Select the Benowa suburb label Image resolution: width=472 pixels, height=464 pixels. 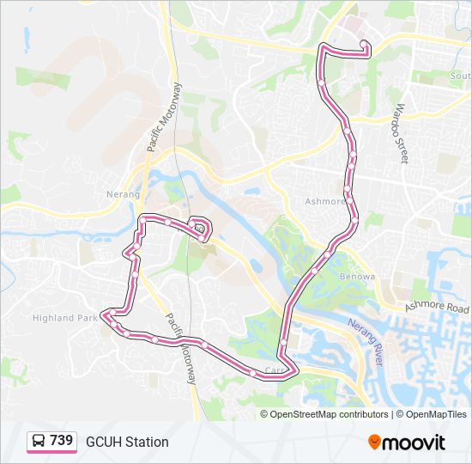358,277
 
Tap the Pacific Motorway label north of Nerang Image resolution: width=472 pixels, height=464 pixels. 166,117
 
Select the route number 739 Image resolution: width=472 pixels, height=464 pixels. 61,441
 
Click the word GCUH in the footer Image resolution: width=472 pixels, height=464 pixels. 103,442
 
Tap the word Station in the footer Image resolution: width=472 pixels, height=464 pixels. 147,442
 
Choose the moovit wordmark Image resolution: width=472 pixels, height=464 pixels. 415,443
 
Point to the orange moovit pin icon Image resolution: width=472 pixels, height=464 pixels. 374,442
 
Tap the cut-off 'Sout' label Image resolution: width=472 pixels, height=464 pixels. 460,76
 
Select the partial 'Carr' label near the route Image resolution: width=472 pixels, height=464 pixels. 274,371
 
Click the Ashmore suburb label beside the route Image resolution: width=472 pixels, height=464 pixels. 324,202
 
